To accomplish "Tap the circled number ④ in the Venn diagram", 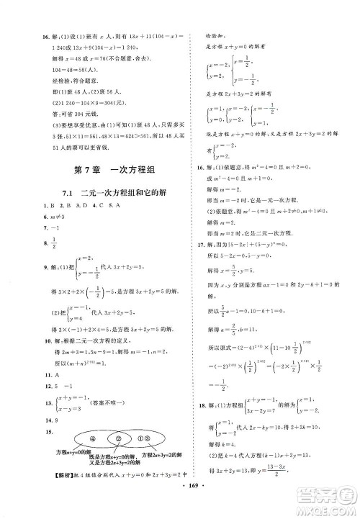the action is pos(51,439).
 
